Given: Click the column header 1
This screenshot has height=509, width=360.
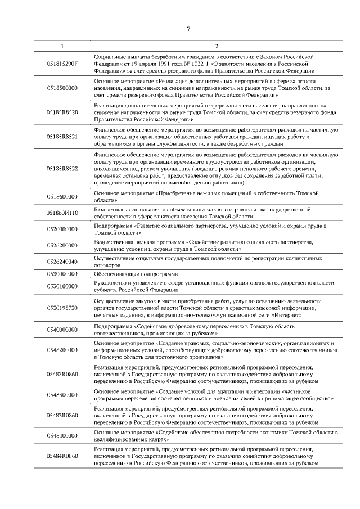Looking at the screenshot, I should (62, 46).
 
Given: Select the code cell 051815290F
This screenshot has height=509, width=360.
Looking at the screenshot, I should (62, 64).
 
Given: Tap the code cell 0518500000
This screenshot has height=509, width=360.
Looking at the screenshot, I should (62, 88).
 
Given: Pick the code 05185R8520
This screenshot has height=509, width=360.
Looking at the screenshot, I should (62, 112).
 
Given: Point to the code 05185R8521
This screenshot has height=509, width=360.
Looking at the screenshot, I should (62, 137).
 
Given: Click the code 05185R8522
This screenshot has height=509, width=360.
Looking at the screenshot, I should (62, 168).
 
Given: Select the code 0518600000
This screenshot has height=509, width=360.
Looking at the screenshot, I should (62, 196).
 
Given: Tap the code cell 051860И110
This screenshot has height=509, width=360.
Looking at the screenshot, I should (62, 213).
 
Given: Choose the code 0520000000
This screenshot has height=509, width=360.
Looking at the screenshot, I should (62, 229).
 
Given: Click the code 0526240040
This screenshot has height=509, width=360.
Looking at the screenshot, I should (62, 262).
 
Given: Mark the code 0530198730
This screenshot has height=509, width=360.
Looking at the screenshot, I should (62, 308).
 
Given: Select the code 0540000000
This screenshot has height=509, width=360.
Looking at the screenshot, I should (62, 330).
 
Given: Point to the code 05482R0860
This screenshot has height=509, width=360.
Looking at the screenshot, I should (62, 373).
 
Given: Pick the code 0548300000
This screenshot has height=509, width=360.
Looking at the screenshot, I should (62, 395).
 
